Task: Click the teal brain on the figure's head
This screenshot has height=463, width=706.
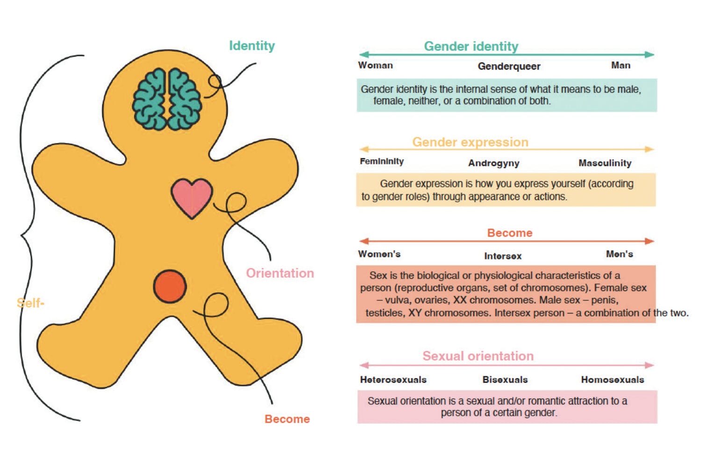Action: pyautogui.click(x=167, y=99)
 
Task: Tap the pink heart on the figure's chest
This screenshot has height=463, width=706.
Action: pyautogui.click(x=192, y=197)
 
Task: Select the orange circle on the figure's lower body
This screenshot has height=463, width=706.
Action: pyautogui.click(x=170, y=286)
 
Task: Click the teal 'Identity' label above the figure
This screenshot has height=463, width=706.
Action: pyautogui.click(x=252, y=46)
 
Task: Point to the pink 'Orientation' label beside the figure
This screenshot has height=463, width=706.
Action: pyautogui.click(x=280, y=273)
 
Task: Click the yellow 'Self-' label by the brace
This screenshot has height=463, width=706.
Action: pyautogui.click(x=30, y=303)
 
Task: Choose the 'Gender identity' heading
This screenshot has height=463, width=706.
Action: pyautogui.click(x=471, y=46)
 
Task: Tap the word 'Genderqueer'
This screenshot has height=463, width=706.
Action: pyautogui.click(x=509, y=66)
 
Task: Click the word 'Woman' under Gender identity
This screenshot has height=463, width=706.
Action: pyautogui.click(x=375, y=65)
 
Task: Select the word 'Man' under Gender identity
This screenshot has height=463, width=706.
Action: pyautogui.click(x=620, y=65)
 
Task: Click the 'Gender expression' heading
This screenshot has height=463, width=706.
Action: pyautogui.click(x=470, y=142)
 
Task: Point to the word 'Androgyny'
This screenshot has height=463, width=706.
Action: pyautogui.click(x=494, y=163)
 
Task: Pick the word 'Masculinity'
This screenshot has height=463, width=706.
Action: pyautogui.click(x=605, y=163)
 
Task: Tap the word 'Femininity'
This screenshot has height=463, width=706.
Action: pyautogui.click(x=382, y=161)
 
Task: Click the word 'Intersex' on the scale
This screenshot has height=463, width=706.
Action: pyautogui.click(x=503, y=256)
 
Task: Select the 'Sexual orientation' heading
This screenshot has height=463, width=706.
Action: pyautogui.click(x=478, y=356)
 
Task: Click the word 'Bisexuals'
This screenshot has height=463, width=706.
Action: pyautogui.click(x=505, y=380)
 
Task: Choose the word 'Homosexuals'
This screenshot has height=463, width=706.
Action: pyautogui.click(x=613, y=380)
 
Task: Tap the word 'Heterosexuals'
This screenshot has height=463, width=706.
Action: pyautogui.click(x=393, y=380)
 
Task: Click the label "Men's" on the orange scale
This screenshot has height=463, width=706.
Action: pyautogui.click(x=620, y=254)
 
